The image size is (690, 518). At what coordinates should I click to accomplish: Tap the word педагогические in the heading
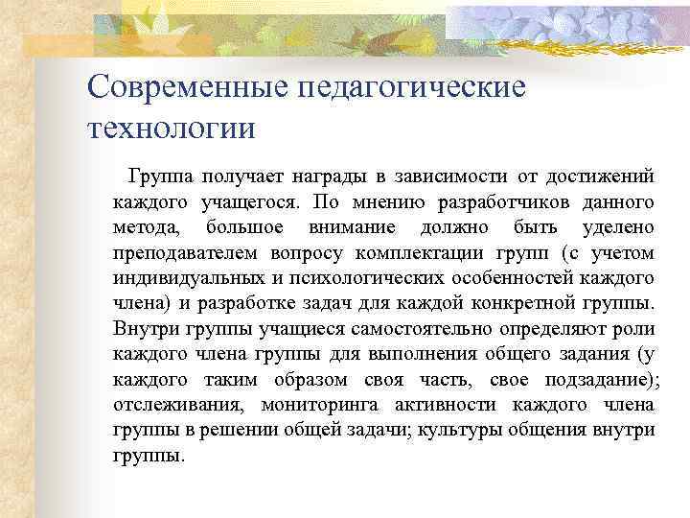[x=413, y=87]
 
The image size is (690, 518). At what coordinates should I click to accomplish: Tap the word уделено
[x=618, y=228]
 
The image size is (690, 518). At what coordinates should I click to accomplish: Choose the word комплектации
[x=414, y=253]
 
